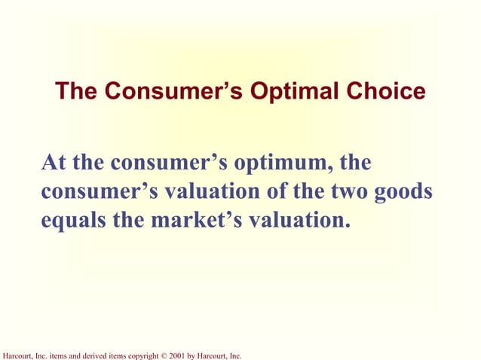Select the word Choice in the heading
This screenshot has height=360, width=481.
coord(388,92)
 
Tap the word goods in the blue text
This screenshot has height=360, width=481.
coord(404,192)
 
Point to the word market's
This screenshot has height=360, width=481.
coord(199,221)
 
